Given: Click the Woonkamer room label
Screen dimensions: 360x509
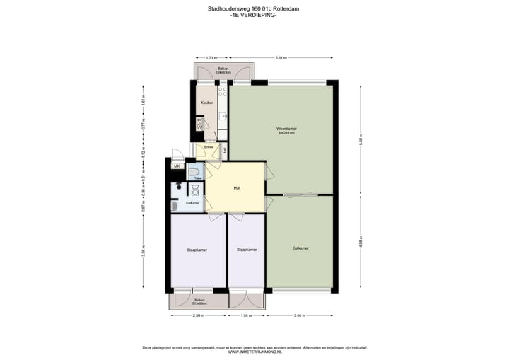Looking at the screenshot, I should coord(286,128).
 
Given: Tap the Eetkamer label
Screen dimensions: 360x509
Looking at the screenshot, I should coord(300,248).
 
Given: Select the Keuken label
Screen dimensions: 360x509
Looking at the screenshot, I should coord(206,103).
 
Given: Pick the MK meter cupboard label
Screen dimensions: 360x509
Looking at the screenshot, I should coord(177,166).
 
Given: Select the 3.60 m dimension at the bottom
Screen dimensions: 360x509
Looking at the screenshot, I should coord(300,315).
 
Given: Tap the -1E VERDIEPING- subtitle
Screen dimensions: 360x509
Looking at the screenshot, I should coord(254,16).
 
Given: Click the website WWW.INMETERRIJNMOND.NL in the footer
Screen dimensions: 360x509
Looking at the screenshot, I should coord(254,352).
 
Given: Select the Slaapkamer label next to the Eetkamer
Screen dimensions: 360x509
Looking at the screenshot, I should coord(247,250).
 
